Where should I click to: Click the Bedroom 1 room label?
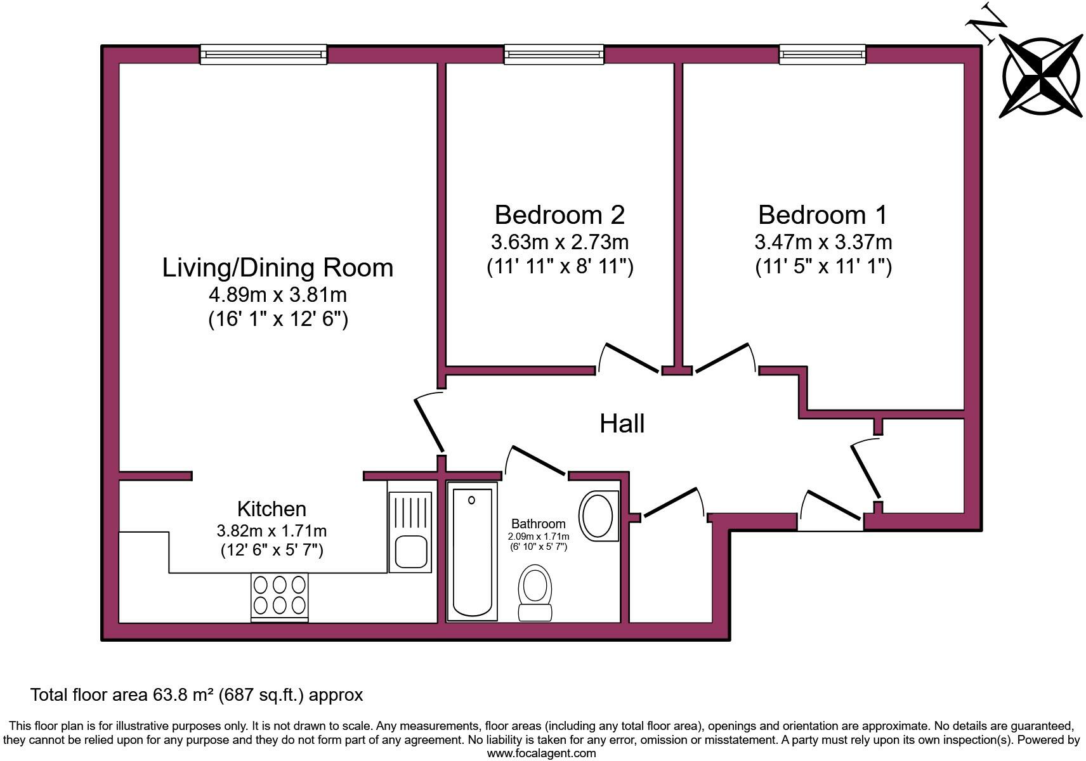[x=823, y=215]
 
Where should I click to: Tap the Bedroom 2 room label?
[x=559, y=215]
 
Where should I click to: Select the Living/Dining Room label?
[x=278, y=268]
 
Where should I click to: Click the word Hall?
[x=622, y=424]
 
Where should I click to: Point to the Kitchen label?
[x=271, y=509]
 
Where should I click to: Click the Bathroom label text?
[x=538, y=524]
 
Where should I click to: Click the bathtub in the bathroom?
[x=472, y=550]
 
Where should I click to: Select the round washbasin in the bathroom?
[x=598, y=516]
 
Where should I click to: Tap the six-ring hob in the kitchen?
[x=280, y=595]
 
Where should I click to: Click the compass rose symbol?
[x=1041, y=76]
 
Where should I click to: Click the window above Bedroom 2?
[x=554, y=55]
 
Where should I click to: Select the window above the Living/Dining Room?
[x=263, y=55]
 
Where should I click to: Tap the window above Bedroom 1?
[x=822, y=55]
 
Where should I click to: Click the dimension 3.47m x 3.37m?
[x=823, y=242]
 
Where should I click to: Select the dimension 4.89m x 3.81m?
[x=278, y=295]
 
